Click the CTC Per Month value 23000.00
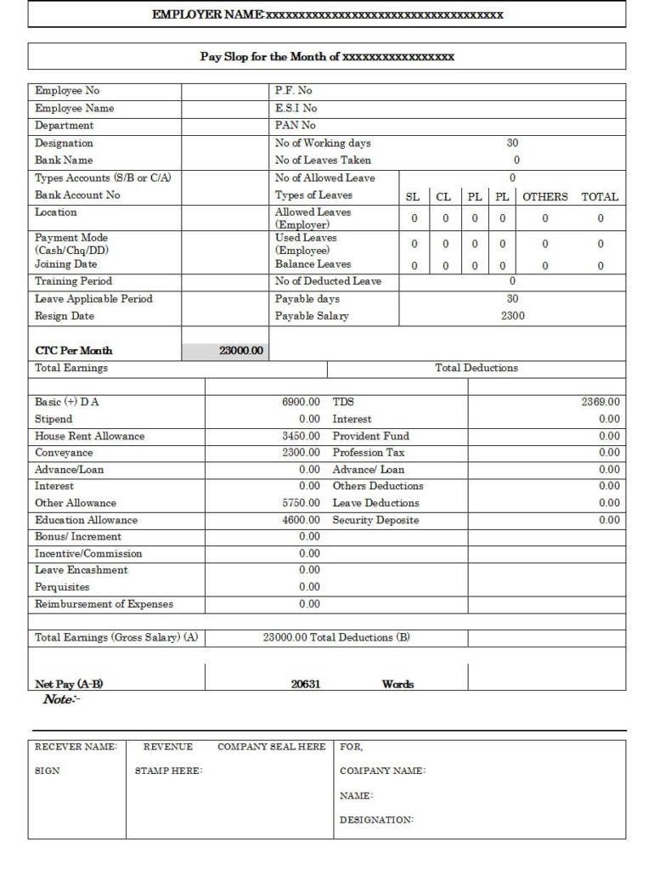241,351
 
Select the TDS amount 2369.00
600,402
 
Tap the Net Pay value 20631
305,684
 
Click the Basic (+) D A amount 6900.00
301,402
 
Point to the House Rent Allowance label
89,436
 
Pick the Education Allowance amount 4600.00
301,520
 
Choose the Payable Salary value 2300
512,316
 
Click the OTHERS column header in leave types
544,196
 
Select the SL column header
413,196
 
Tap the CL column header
443,196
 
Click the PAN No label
295,126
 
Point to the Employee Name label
74,109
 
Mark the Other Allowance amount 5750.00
301,503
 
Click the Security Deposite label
375,520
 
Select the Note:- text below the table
61,699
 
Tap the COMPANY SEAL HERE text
271,747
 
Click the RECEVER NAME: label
75,747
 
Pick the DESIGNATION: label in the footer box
376,820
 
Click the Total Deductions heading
476,368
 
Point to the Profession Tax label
369,453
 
